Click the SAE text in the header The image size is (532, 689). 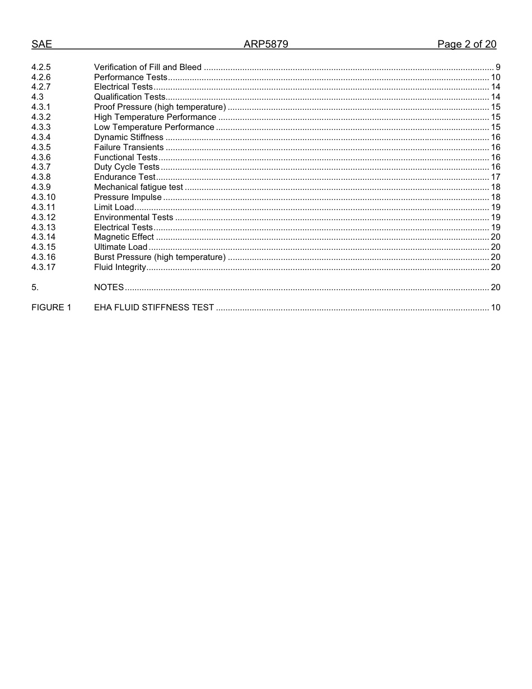click(41, 45)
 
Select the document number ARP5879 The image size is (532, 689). click(265, 45)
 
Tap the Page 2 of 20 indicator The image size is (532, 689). click(466, 45)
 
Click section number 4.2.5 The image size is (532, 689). click(41, 67)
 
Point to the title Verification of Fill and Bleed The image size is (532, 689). click(147, 67)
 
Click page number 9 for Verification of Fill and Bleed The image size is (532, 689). click(498, 67)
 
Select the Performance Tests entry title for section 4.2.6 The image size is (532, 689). click(130, 77)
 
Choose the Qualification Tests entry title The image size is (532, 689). click(129, 97)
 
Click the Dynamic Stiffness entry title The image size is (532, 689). click(128, 137)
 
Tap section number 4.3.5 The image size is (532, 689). click(41, 147)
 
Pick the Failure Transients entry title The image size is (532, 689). click(129, 147)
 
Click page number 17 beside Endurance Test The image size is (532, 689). click(495, 177)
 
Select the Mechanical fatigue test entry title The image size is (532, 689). click(138, 187)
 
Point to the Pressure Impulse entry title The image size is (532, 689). click(128, 197)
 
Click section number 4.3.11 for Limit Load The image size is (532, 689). click(43, 207)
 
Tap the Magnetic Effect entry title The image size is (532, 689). click(124, 237)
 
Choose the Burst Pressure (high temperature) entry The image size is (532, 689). click(160, 257)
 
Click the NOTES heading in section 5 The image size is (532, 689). click(109, 287)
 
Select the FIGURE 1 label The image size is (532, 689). click(51, 308)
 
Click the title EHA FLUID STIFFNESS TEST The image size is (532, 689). click(153, 308)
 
